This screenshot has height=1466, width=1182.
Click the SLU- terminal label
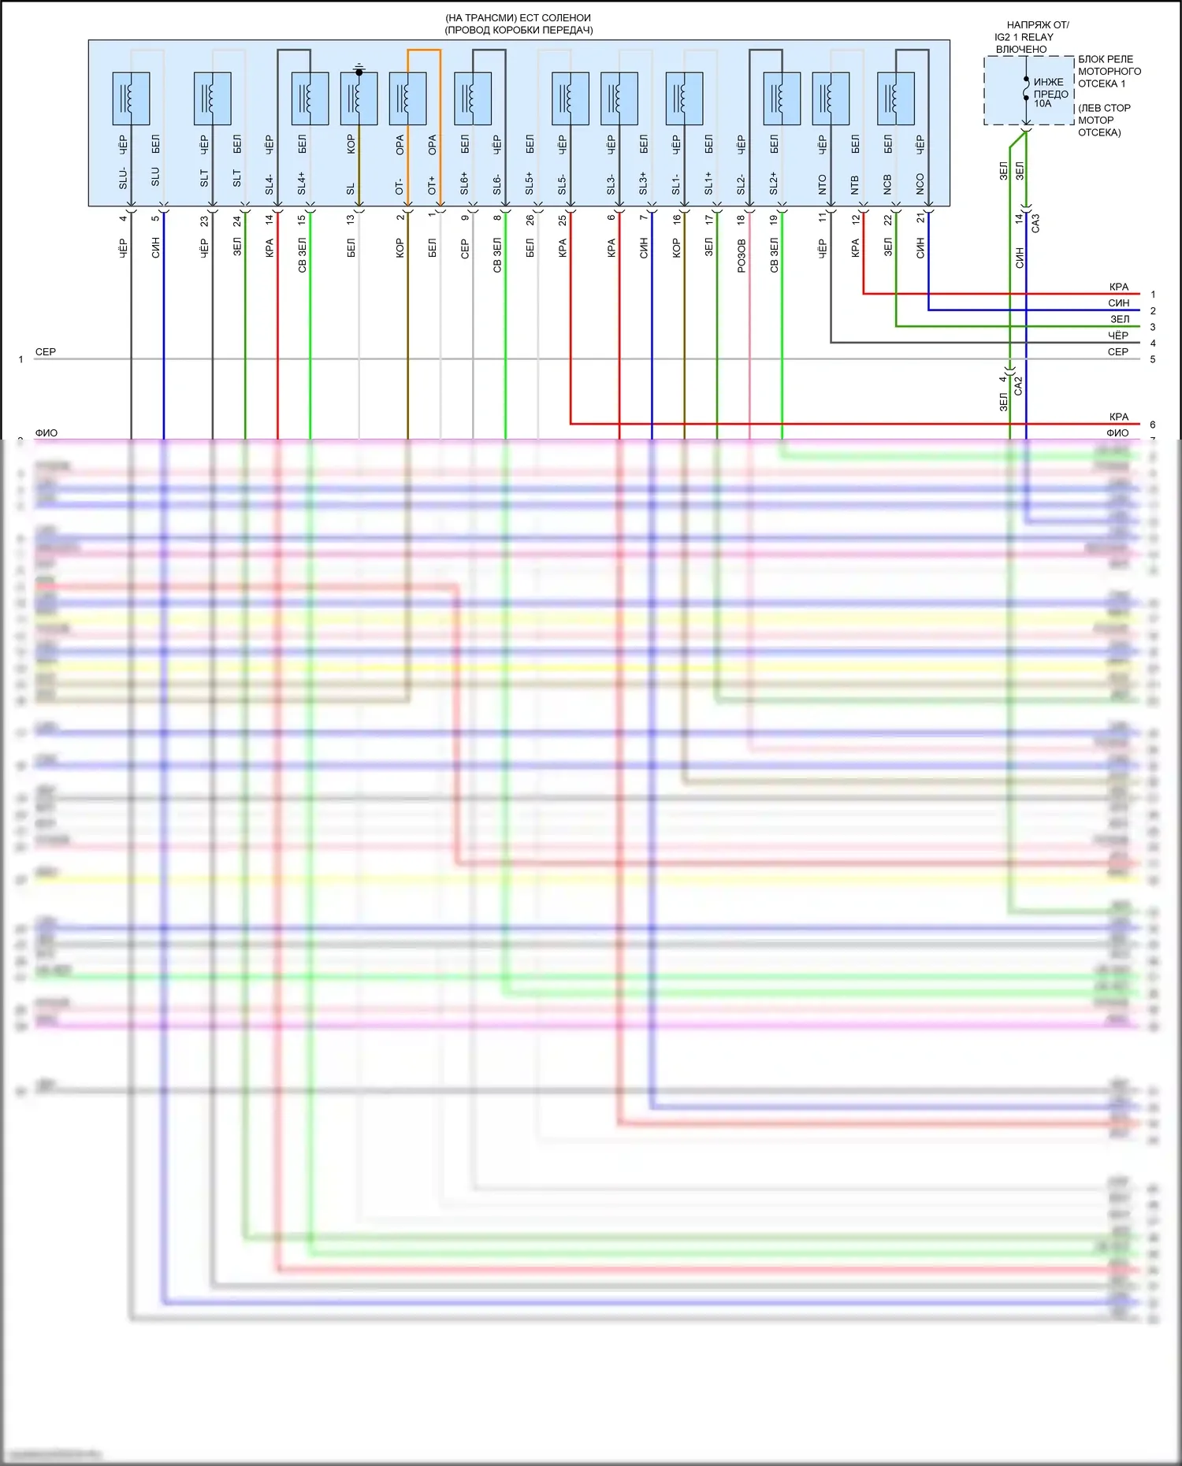[123, 178]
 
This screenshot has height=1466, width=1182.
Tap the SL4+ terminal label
[302, 184]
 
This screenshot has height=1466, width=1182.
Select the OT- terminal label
[400, 186]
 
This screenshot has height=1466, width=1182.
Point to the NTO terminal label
[823, 184]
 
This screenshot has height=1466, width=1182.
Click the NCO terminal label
[920, 184]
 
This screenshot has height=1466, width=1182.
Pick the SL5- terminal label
[563, 184]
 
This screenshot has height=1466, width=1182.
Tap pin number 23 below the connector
[204, 221]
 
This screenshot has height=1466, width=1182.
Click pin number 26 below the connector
[530, 220]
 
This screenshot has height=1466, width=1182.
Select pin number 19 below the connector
[774, 220]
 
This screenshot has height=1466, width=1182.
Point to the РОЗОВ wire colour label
[742, 256]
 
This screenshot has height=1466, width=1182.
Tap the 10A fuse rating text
[1043, 104]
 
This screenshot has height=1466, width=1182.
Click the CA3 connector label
[1035, 223]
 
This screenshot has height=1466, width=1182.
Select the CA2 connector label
[1018, 385]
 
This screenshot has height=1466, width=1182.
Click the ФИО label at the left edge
[46, 433]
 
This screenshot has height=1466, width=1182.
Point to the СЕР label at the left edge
[46, 352]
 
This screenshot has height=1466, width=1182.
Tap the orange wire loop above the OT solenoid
[424, 50]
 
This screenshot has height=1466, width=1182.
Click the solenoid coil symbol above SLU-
[131, 98]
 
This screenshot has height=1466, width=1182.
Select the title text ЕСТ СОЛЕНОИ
[555, 18]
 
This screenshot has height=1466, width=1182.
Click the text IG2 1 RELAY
[1024, 37]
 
